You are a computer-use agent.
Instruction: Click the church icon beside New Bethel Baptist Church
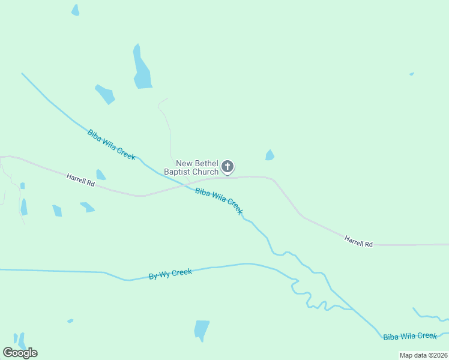tap(228, 166)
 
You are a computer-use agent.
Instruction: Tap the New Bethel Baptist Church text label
tap(197, 167)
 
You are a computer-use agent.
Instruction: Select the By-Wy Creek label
tap(170, 274)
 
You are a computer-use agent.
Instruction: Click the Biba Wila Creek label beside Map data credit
tap(410, 337)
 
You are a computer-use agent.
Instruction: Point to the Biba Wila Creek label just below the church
tap(219, 201)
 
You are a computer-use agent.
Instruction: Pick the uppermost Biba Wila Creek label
tap(112, 145)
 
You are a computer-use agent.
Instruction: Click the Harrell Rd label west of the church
tap(81, 179)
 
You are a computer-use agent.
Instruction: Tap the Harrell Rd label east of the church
tap(358, 241)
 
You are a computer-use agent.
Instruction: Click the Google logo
tap(20, 353)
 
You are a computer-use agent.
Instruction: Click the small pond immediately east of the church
tap(270, 155)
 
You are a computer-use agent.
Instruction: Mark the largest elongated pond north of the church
tap(142, 70)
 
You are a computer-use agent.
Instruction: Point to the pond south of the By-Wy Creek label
tap(201, 329)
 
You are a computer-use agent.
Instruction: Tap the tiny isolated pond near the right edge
tap(411, 74)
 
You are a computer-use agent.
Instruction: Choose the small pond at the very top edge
tap(75, 10)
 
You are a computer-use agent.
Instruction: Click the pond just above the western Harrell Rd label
tap(100, 175)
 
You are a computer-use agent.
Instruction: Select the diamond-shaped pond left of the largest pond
tap(105, 94)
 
